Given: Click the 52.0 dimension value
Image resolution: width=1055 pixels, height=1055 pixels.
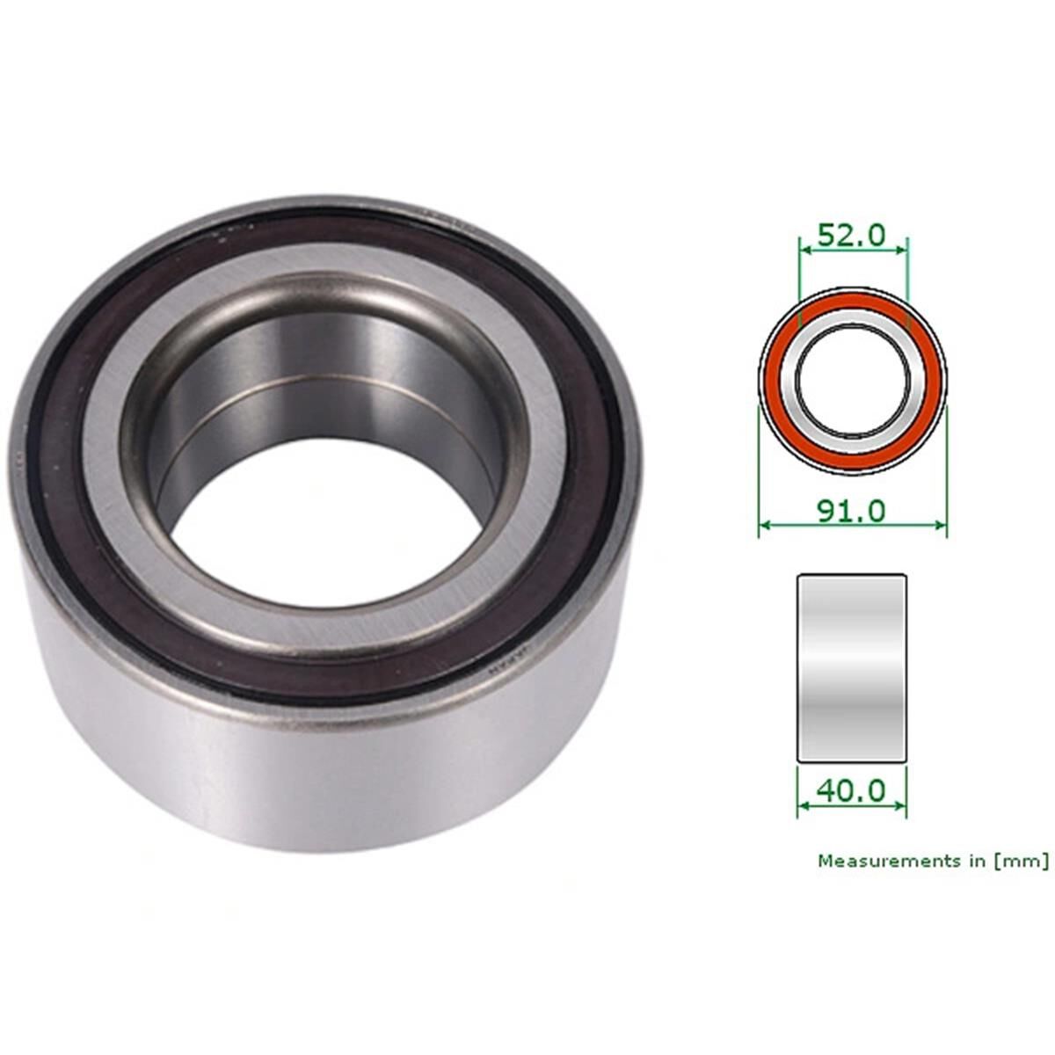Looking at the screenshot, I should pyautogui.click(x=851, y=235).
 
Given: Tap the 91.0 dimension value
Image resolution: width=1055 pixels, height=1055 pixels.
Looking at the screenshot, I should pyautogui.click(x=851, y=510).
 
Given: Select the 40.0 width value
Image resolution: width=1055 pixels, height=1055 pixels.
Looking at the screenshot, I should pyautogui.click(x=851, y=789).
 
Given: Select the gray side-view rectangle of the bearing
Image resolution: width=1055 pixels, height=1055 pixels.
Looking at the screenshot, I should pyautogui.click(x=851, y=668).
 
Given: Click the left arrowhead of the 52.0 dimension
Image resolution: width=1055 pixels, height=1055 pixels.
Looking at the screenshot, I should pyautogui.click(x=803, y=250).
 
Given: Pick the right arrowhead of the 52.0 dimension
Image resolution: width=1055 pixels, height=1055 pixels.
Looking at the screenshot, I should pyautogui.click(x=901, y=250).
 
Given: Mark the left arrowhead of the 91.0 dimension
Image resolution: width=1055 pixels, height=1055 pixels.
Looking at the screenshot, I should pyautogui.click(x=763, y=526).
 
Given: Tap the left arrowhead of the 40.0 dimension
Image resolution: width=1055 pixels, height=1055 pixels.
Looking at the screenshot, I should pyautogui.click(x=802, y=804).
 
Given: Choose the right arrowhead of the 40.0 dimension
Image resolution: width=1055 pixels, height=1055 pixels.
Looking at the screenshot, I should pyautogui.click(x=901, y=804).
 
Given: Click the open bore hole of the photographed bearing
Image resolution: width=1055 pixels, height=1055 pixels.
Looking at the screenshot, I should pyautogui.click(x=325, y=545).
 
